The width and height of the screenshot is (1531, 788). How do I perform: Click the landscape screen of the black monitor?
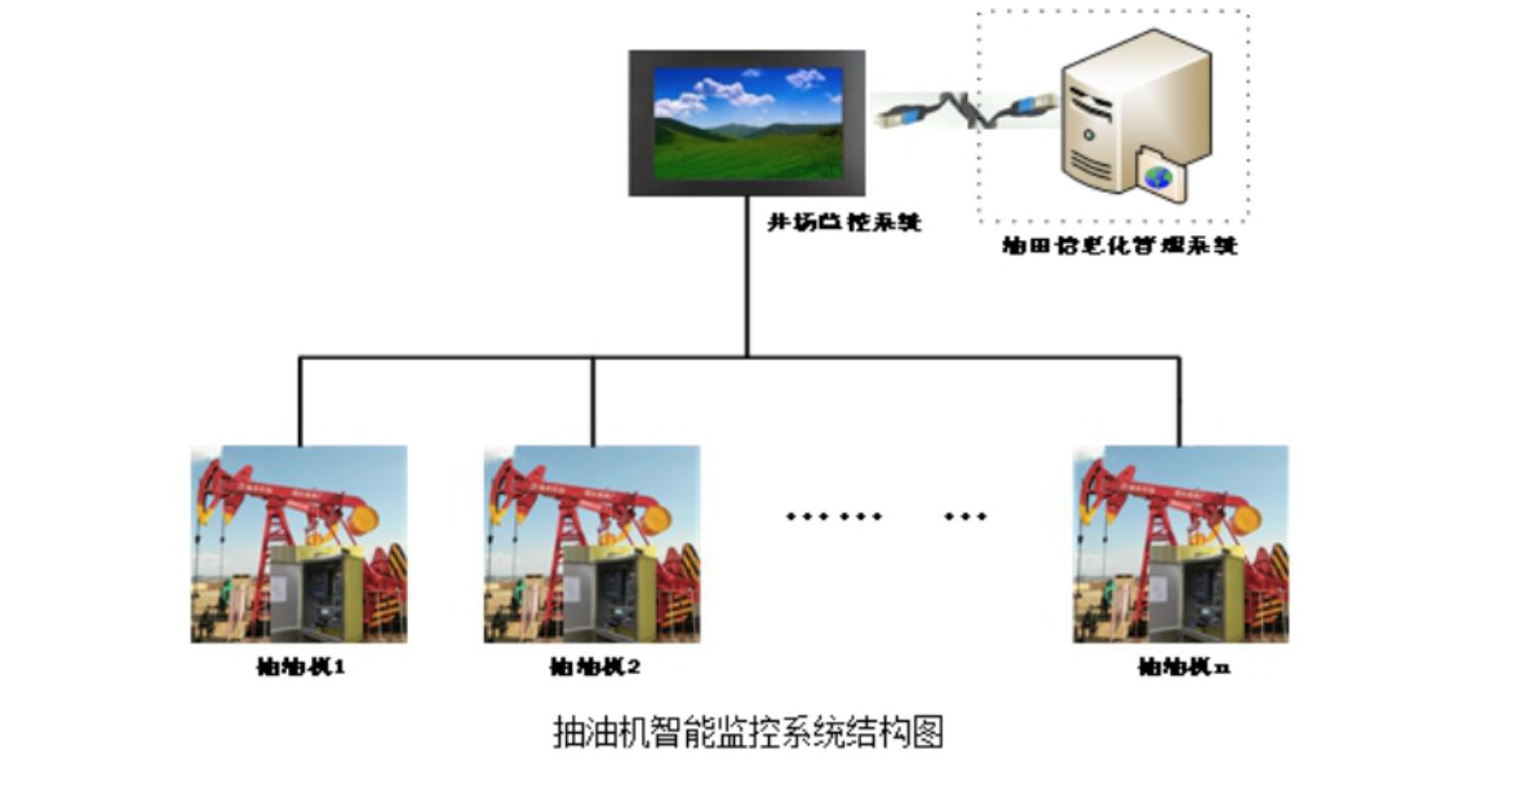pyautogui.click(x=748, y=123)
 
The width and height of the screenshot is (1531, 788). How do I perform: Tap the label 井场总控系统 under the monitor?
pyautogui.click(x=844, y=221)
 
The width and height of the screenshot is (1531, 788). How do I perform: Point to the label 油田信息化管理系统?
pyautogui.click(x=1119, y=245)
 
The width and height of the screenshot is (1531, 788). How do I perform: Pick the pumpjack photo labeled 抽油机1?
pyautogui.click(x=299, y=543)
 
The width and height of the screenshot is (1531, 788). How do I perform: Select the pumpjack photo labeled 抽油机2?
pyautogui.click(x=592, y=543)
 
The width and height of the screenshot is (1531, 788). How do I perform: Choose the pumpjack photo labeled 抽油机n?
pyautogui.click(x=1181, y=543)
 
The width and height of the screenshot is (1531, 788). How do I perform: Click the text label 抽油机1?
pyautogui.click(x=300, y=667)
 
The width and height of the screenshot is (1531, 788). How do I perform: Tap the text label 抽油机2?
pyautogui.click(x=595, y=667)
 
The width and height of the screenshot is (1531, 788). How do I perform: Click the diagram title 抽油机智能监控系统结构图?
pyautogui.click(x=748, y=732)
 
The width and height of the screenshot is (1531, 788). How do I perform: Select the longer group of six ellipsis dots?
pyautogui.click(x=834, y=516)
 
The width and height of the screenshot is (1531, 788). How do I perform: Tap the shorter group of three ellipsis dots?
pyautogui.click(x=965, y=516)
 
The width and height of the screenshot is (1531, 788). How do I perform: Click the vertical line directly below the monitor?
pyautogui.click(x=747, y=278)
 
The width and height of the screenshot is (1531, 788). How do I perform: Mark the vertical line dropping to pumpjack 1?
pyautogui.click(x=300, y=401)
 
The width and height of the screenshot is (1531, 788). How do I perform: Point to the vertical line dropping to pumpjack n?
pyautogui.click(x=1180, y=401)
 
